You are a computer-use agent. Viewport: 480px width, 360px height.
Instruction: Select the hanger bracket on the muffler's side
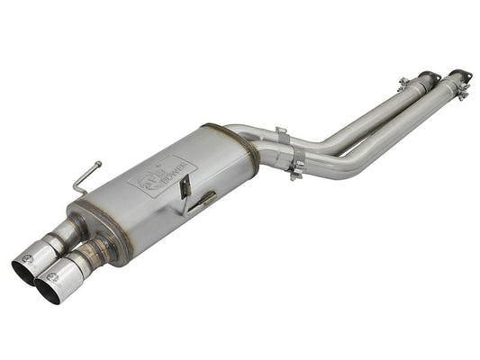pos(187,193)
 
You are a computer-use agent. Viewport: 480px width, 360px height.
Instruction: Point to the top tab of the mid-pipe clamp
pos(281,132)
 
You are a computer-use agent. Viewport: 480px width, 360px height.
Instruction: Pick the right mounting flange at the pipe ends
pos(460,76)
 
